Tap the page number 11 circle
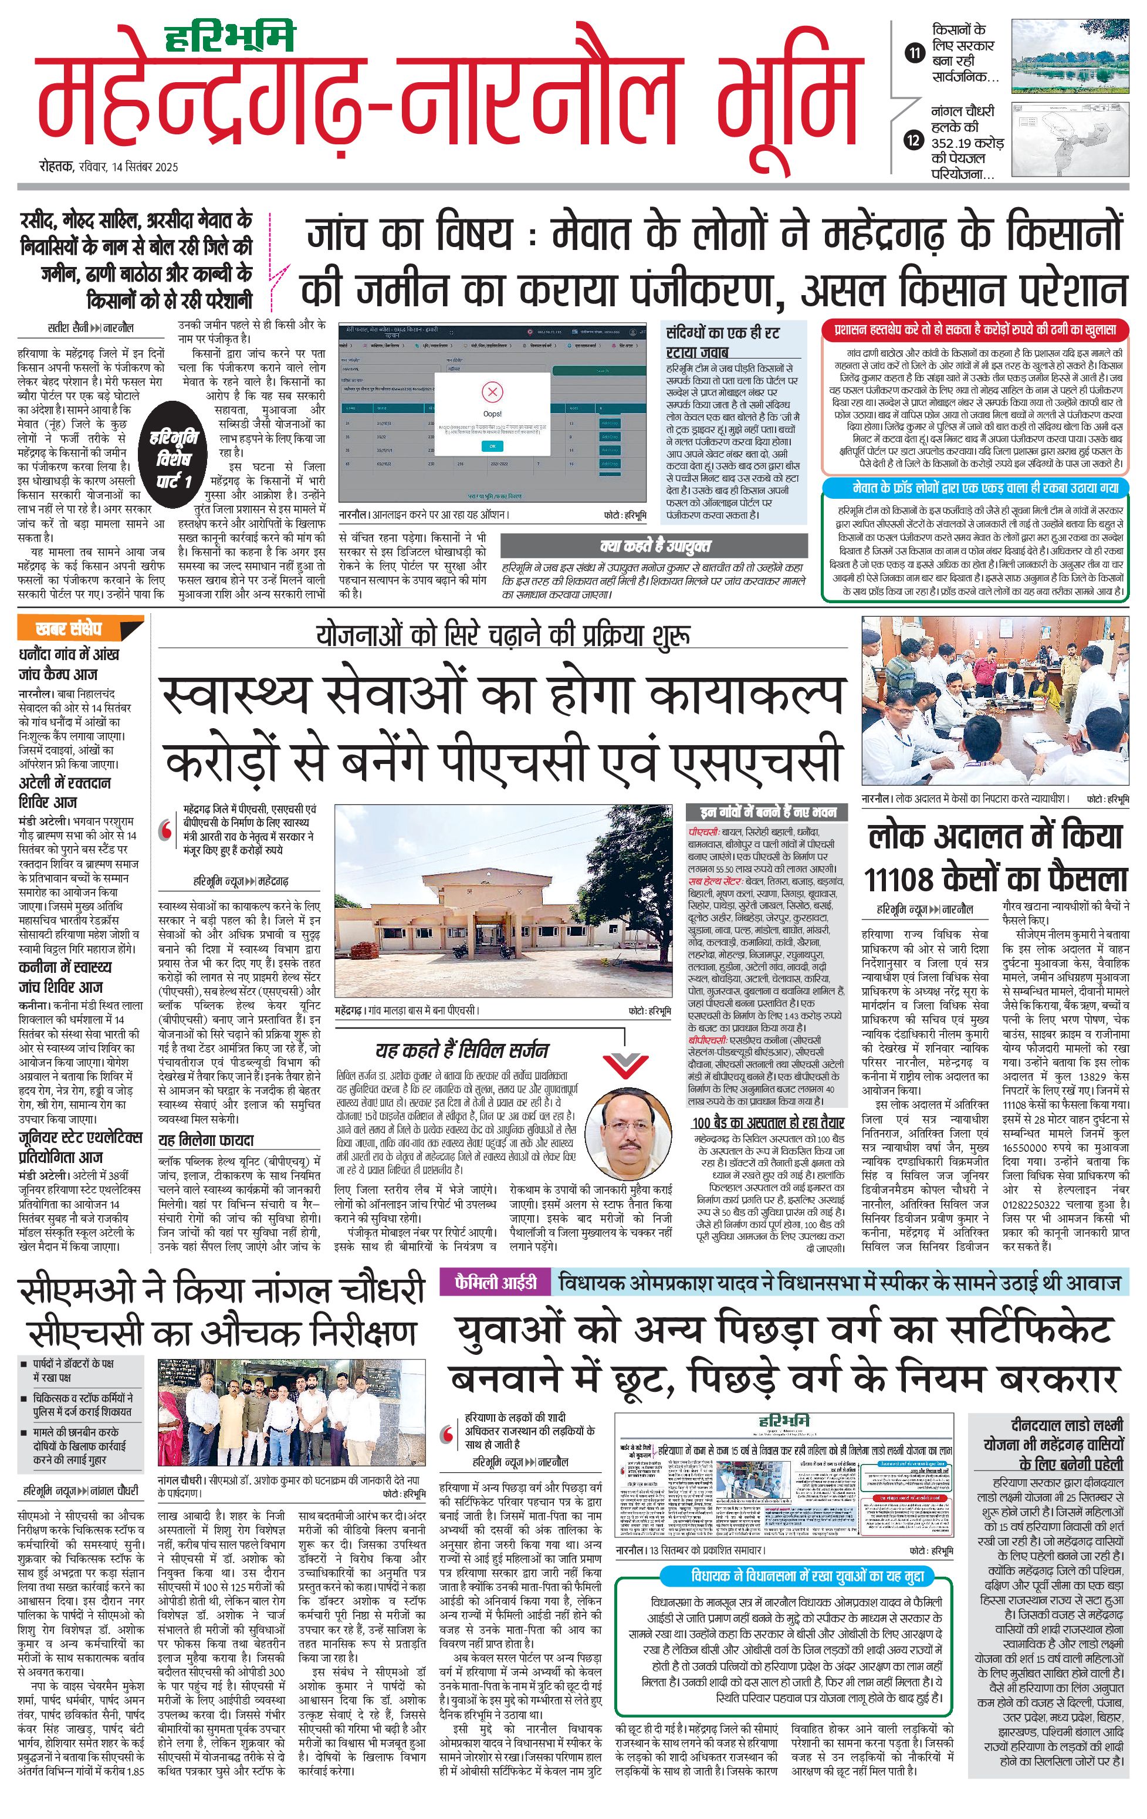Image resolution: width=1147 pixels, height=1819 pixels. point(915,53)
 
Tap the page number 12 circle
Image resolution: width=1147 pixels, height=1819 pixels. point(915,140)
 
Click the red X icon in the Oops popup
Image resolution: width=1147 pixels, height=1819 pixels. point(492,392)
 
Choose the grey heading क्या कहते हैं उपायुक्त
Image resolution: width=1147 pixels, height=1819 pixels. point(655,545)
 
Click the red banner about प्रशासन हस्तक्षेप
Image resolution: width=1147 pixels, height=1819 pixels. point(975,330)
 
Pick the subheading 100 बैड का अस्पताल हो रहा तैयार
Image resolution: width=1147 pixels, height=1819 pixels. point(768,1122)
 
